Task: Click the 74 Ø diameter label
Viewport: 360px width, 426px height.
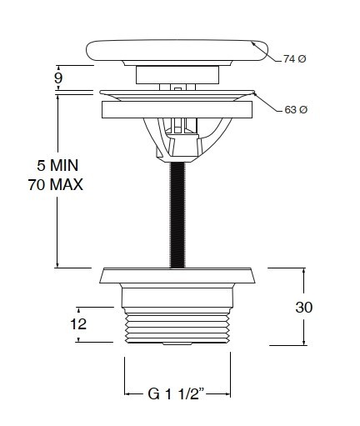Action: pyautogui.click(x=295, y=59)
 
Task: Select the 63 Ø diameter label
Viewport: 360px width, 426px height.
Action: pyautogui.click(x=296, y=110)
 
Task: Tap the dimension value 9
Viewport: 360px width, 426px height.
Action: pyautogui.click(x=58, y=78)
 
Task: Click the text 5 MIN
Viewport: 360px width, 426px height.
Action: pyautogui.click(x=57, y=165)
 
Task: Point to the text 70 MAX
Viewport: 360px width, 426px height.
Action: pyautogui.click(x=56, y=184)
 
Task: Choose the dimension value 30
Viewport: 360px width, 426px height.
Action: pyautogui.click(x=304, y=308)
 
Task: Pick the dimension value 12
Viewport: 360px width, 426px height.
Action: pyautogui.click(x=78, y=324)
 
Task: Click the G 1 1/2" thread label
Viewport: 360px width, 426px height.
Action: pyautogui.click(x=177, y=393)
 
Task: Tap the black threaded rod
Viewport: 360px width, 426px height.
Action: pyautogui.click(x=177, y=215)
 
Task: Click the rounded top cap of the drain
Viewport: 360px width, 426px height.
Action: pyautogui.click(x=177, y=51)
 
